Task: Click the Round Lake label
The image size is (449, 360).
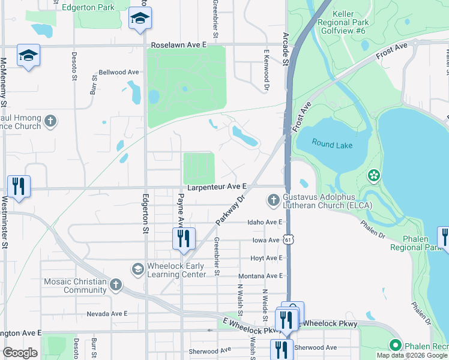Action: [x=331, y=144]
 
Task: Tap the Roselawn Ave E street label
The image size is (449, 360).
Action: [x=178, y=45]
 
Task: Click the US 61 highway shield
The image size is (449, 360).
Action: [x=289, y=239]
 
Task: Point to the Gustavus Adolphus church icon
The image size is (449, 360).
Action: [x=274, y=199]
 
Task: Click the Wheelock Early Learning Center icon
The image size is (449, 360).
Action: [x=137, y=268]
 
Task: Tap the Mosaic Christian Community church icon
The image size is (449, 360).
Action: [x=116, y=284]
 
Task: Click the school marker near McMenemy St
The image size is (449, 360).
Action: [x=28, y=56]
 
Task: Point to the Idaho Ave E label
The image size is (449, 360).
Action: [x=265, y=222]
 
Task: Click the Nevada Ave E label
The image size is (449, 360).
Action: [x=107, y=314]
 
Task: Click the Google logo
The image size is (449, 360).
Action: [x=20, y=353]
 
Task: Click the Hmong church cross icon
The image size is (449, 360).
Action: [x=50, y=121]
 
